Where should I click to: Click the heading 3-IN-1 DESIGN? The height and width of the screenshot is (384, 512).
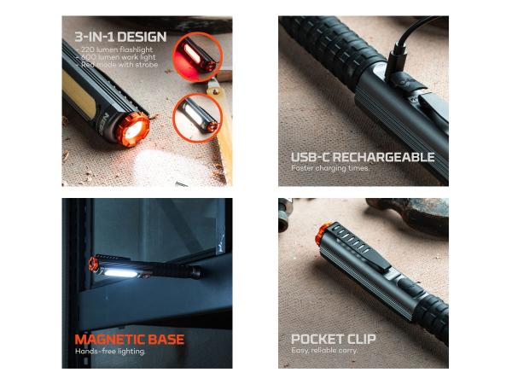coord(120,37)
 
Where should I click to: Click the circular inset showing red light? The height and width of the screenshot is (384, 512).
coord(197,56)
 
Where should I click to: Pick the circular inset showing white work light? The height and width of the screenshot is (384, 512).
coord(197,118)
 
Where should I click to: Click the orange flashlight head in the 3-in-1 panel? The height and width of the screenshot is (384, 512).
coord(133,130)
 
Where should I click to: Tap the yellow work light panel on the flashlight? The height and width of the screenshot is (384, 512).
coord(78,95)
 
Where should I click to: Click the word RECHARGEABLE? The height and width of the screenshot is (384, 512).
coord(383,157)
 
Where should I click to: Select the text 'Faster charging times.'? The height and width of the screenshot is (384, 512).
coord(330,168)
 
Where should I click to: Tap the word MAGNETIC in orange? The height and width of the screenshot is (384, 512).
coord(109,340)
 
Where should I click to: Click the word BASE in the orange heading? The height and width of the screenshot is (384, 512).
coord(166,340)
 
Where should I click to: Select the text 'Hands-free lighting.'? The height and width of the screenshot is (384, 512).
coord(110,352)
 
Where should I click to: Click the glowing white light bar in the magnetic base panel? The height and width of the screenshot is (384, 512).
coord(119,272)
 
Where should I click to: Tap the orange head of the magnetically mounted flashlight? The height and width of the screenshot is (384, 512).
coord(93,264)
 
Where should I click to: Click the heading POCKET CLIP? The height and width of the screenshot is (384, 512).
coord(334,339)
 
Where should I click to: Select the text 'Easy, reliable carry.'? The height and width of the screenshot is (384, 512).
coord(324,351)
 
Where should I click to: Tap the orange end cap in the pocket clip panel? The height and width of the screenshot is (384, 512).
coord(323,233)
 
